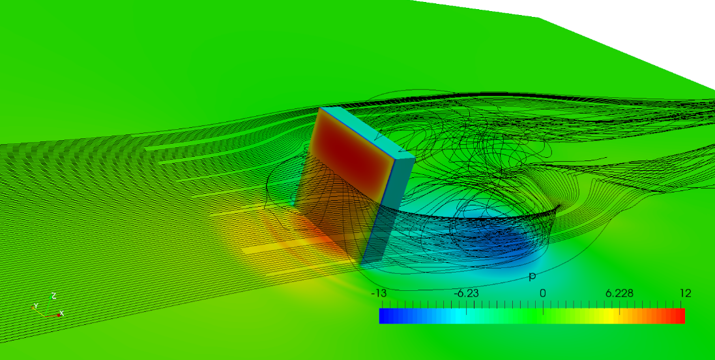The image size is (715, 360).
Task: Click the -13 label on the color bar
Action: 381,293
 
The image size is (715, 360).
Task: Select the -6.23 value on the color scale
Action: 466,293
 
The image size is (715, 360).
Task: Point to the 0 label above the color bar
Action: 543,293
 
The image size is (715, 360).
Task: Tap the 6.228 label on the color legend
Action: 619,293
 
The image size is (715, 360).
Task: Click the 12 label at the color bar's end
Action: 685,293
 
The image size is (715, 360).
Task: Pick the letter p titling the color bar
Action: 532,277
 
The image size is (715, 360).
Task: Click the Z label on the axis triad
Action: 53,295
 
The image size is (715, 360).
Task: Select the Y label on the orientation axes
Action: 36,306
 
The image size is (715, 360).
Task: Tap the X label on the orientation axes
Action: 61,314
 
